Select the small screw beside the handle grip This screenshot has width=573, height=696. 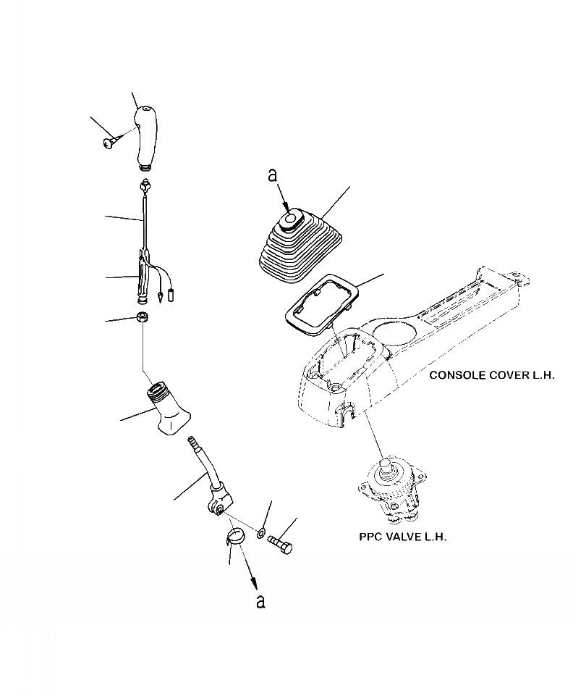click(109, 143)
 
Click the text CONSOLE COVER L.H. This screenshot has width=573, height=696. click(491, 375)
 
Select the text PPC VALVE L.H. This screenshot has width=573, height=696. click(403, 537)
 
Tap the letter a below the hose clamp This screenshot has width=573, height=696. click(261, 600)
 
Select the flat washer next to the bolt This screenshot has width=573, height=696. click(258, 536)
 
